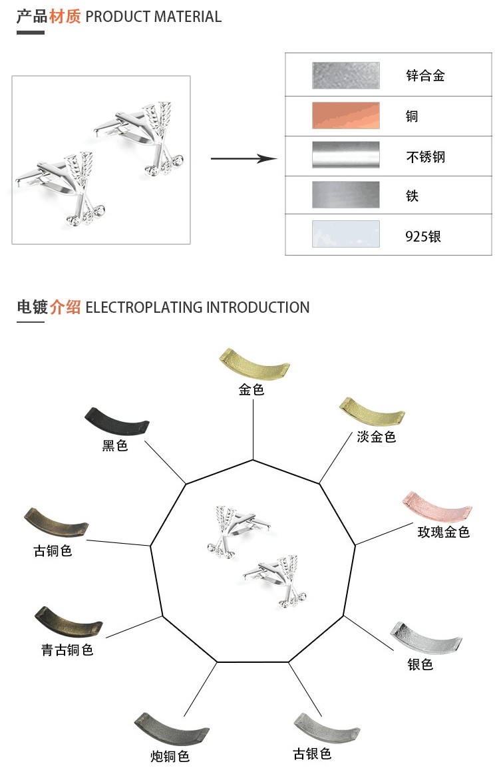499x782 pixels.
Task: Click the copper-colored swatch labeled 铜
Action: point(345,116)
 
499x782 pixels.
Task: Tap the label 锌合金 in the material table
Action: point(425,76)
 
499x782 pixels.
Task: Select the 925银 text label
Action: point(423,236)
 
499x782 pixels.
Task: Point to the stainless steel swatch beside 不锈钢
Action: point(345,154)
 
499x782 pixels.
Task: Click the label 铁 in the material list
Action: point(413,196)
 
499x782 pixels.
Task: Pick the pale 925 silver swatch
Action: point(345,234)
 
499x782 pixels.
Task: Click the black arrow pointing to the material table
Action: point(244,158)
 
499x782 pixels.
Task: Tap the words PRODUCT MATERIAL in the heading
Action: point(154,17)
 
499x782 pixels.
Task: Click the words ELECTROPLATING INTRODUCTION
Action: point(198,307)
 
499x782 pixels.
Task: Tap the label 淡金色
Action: point(377,437)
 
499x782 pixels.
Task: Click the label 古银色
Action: point(312,753)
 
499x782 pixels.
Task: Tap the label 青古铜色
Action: point(67,650)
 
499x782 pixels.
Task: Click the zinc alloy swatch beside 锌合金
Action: point(345,75)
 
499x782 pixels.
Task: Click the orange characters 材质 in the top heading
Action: point(65,17)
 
